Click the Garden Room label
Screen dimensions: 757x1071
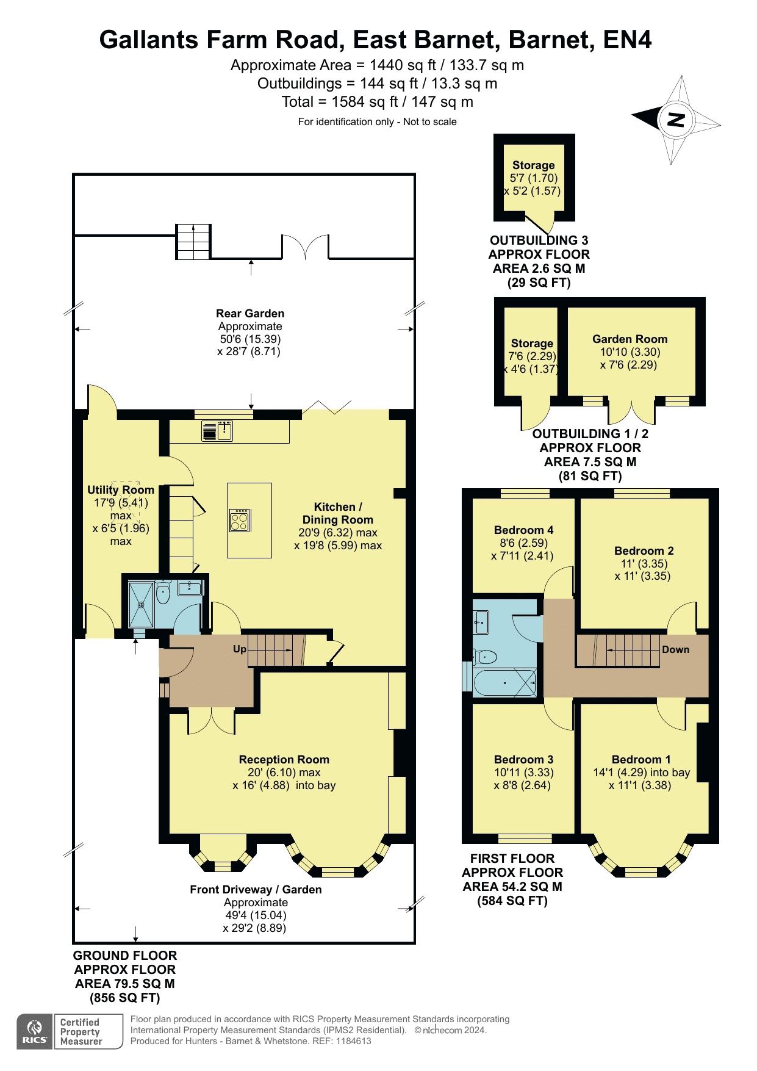630,339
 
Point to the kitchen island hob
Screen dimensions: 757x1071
239,520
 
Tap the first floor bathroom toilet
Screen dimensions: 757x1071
485,657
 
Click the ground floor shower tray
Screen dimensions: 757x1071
142,604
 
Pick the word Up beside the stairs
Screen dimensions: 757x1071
240,649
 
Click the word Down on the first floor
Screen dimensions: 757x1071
675,649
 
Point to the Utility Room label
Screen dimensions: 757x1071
121,489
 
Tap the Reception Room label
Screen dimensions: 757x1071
284,759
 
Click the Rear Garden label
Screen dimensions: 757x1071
250,313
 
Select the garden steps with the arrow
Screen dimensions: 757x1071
193,241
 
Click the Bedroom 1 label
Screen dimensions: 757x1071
641,759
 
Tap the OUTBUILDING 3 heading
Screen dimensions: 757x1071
539,240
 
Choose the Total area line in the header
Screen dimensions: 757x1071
377,101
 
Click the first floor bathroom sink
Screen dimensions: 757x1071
481,621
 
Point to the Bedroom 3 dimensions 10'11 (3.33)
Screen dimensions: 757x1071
523,772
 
